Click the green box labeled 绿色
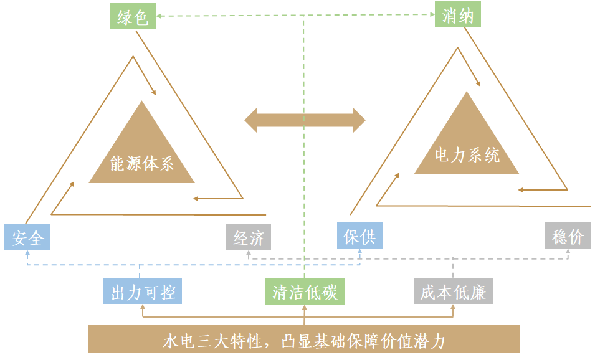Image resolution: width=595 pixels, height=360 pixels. [133, 16]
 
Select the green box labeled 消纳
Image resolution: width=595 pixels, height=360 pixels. [458, 15]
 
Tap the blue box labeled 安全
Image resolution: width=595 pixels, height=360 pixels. [27, 237]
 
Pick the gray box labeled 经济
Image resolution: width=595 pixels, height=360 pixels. [249, 237]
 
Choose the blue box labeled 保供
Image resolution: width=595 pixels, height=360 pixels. [359, 235]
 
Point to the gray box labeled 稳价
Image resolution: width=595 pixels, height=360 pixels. [568, 236]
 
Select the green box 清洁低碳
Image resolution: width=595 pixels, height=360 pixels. [305, 291]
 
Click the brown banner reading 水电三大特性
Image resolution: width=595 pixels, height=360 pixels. [304, 340]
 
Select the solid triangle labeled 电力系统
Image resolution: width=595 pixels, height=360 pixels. [467, 140]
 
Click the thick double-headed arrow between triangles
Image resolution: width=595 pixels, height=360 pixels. [305, 120]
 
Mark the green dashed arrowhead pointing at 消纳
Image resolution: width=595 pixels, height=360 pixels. [431, 16]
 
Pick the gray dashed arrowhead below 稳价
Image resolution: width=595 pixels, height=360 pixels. [568, 252]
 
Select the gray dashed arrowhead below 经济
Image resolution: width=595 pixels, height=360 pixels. [249, 252]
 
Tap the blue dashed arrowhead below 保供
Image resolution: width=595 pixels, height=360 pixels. [359, 252]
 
